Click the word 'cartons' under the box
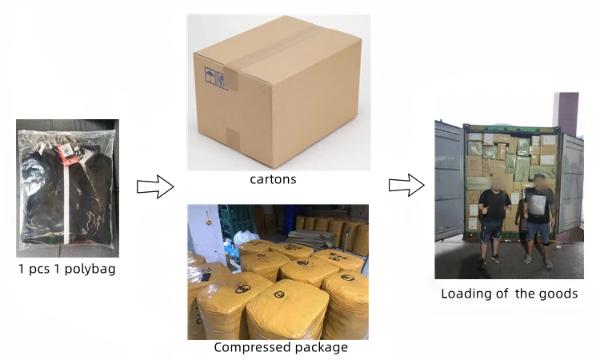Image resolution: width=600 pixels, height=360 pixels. tap(273, 179)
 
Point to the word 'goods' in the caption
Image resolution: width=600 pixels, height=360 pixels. tap(558, 294)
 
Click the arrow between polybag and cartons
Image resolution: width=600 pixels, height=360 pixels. tap(155, 187)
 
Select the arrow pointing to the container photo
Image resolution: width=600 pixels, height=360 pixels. tap(406, 186)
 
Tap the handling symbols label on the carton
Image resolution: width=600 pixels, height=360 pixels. tap(214, 77)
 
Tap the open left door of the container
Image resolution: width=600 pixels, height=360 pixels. tap(449, 181)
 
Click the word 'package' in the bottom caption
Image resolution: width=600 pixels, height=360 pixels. tap(322, 347)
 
